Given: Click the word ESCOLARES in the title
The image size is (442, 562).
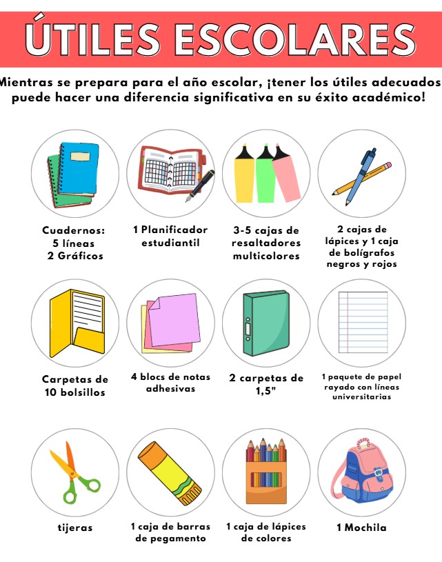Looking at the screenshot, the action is [x=294, y=39].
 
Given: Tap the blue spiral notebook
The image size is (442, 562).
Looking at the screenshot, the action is [x=79, y=168].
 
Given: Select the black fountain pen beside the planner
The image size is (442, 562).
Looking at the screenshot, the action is [x=200, y=185].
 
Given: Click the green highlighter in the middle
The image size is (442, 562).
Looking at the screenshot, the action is [x=265, y=174].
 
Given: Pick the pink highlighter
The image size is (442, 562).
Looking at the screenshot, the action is [x=285, y=173].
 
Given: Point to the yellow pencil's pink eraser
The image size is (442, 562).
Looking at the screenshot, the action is [x=387, y=165].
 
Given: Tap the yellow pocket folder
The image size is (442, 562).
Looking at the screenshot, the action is [x=77, y=323].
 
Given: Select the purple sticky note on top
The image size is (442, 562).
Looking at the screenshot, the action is [x=174, y=320].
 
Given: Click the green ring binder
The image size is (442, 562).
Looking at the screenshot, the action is [x=266, y=323].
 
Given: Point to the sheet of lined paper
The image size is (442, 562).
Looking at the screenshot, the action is [x=363, y=322].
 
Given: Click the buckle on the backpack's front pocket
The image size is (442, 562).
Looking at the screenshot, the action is [x=378, y=473].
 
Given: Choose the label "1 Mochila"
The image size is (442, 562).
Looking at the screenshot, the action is [x=361, y=528].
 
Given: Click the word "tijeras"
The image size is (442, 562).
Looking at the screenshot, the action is [x=75, y=528].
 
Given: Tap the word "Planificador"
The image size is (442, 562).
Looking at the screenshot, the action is [x=174, y=230].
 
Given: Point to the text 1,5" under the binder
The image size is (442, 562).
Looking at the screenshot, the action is [x=265, y=391].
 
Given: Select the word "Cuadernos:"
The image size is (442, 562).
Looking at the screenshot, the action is [x=74, y=230].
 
